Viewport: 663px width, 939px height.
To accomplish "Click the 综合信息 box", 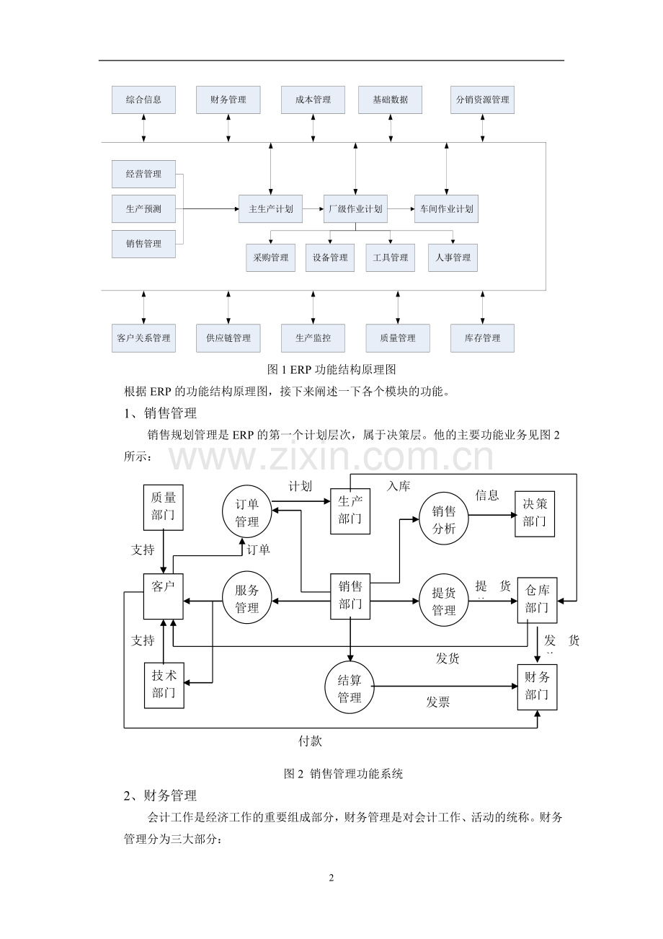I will click(143, 100).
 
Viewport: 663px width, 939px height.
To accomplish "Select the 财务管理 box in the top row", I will click(228, 100).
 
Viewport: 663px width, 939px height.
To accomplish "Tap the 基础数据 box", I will click(390, 100).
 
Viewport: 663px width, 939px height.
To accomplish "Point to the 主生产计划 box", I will click(271, 209).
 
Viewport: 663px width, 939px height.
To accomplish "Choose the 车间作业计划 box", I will click(446, 209).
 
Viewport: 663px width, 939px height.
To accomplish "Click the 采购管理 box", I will click(270, 257).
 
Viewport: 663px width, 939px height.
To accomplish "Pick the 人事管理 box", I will click(453, 257).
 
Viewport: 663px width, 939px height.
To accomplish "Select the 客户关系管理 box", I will click(143, 338).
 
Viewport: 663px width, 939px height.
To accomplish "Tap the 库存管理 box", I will click(482, 338).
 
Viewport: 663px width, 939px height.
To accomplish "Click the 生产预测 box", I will click(143, 209).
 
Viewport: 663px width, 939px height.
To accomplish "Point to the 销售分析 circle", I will click(444, 519).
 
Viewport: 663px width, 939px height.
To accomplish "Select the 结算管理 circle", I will click(350, 689).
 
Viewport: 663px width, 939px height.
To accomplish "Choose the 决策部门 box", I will click(535, 513).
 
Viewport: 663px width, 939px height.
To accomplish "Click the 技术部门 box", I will click(164, 684).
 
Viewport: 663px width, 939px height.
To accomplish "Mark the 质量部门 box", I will click(164, 506).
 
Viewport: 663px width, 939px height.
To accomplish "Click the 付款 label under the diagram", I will click(310, 741).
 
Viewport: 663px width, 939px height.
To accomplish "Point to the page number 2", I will click(331, 878).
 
